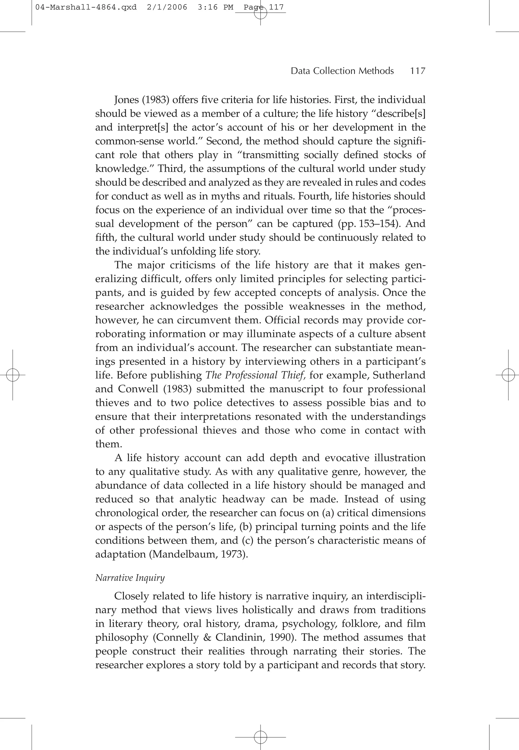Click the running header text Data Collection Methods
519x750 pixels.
pos(342,71)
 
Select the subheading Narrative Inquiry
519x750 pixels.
pos(130,578)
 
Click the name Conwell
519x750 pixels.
pos(141,389)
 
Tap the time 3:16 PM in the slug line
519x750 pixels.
pos(215,7)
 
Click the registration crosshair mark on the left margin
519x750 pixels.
pos(13,375)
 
